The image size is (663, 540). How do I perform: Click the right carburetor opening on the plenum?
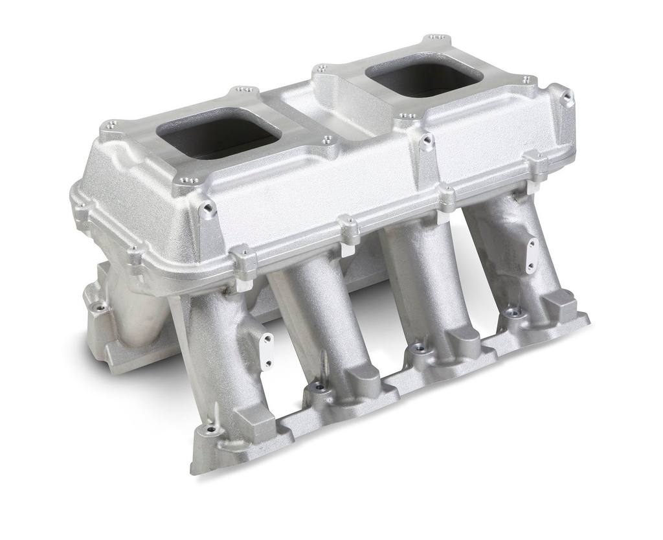pos(424,80)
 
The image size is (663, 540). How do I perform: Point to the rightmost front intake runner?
pos(511,246)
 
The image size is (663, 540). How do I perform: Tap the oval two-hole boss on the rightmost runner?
pos(532,255)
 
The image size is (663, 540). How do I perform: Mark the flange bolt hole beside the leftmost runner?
pos(210,430)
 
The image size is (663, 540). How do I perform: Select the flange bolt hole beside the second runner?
pos(318,387)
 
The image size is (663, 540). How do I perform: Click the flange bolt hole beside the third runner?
pos(421,348)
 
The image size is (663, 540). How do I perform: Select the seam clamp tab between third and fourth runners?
pos(447,195)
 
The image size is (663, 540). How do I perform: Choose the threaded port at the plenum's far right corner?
pos(568,99)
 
